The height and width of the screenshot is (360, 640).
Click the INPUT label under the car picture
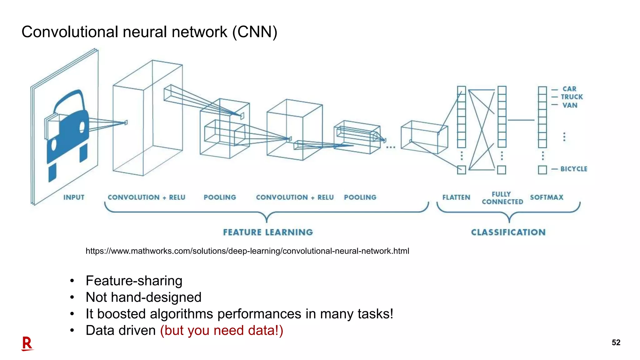(74, 197)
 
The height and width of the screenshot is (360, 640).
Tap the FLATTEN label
(456, 197)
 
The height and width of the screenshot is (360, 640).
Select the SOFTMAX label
(547, 197)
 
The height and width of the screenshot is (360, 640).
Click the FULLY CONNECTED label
(502, 198)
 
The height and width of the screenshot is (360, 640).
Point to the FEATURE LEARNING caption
(268, 232)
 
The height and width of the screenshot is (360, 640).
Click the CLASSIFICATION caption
(508, 232)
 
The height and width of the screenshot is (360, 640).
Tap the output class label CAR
(569, 89)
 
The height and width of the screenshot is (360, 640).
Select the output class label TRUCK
(572, 97)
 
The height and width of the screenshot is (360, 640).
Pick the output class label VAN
(570, 105)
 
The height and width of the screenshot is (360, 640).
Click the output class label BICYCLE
(574, 169)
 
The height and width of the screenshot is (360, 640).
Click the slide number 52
(616, 342)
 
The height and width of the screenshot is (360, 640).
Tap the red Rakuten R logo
(27, 344)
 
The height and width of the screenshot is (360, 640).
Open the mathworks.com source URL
(247, 251)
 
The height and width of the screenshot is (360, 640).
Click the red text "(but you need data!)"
(222, 330)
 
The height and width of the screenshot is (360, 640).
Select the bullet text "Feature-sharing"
(134, 281)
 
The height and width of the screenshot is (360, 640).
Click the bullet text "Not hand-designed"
(143, 297)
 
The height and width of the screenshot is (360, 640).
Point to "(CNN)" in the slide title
(255, 32)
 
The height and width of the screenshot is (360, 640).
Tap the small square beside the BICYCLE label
(542, 170)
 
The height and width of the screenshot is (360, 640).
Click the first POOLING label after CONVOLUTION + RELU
(220, 197)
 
